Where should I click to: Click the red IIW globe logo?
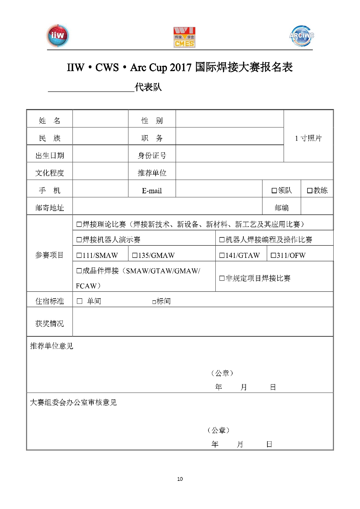point(58,36)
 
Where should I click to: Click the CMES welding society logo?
point(184,37)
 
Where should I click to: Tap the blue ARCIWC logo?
point(302,36)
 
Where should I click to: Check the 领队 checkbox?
point(274,191)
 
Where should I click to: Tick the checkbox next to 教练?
point(310,191)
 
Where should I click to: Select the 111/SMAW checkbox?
point(79,255)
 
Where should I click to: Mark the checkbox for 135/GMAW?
point(135,255)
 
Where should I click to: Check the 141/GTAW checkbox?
point(222,255)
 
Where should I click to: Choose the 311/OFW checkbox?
point(273,255)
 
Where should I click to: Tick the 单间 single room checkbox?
point(80,301)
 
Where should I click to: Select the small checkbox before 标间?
point(154,302)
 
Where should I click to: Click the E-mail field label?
point(152,191)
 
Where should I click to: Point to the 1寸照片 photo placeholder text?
point(308,138)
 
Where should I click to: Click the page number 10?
point(180,479)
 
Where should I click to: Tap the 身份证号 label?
point(152,156)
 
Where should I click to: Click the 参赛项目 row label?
point(49,255)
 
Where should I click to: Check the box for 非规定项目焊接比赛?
point(222,278)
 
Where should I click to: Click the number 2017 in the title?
point(181,67)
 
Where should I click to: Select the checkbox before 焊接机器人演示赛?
point(79,240)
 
